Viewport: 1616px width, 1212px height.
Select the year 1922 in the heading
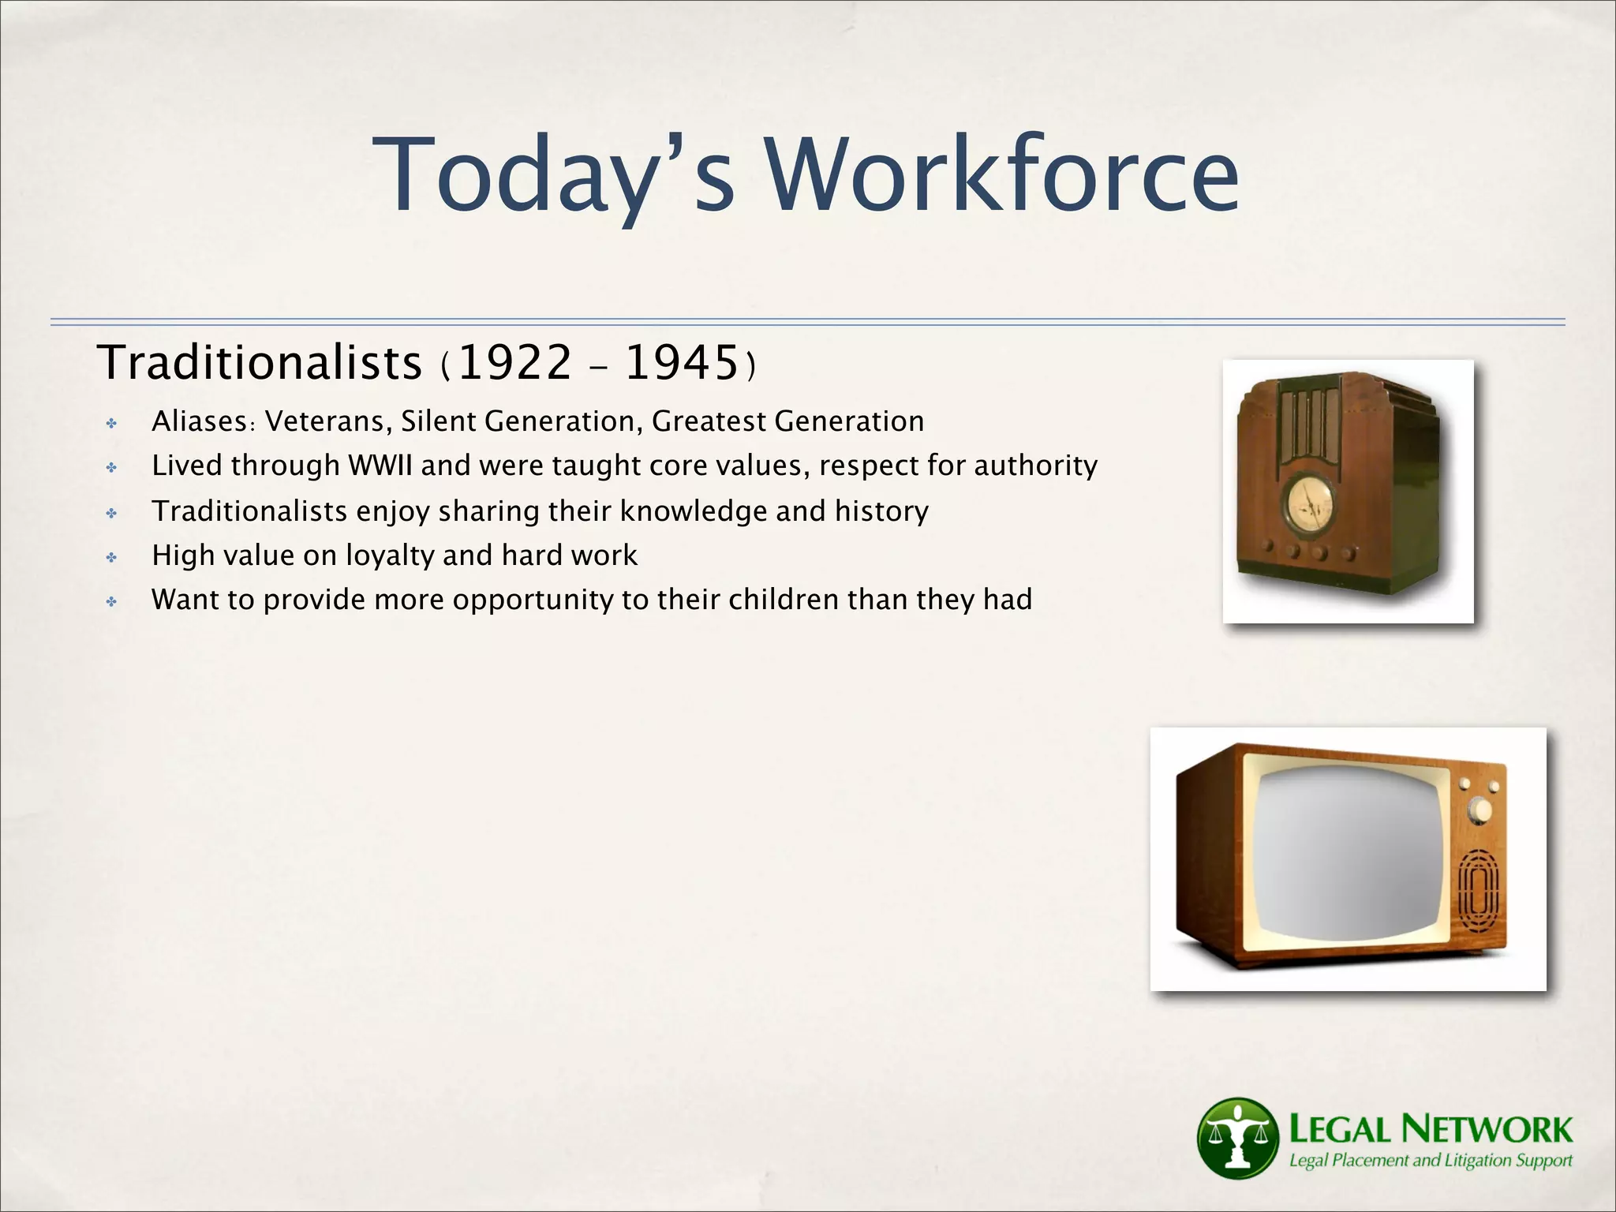click(x=514, y=364)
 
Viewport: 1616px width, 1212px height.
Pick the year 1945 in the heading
click(x=681, y=364)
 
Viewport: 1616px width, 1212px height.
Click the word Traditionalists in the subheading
click(x=260, y=364)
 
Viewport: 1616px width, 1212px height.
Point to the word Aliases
click(x=200, y=421)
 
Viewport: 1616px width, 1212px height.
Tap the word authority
click(x=1035, y=466)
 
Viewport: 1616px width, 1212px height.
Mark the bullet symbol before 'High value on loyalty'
click(x=112, y=558)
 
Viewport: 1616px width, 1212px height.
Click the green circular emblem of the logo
click(x=1237, y=1137)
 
